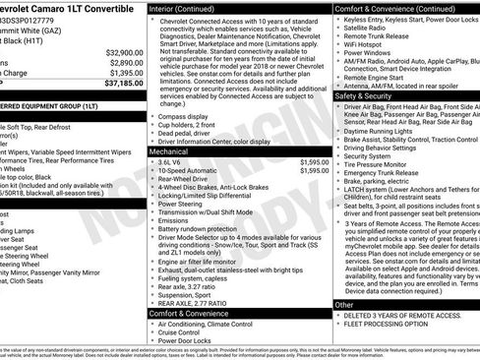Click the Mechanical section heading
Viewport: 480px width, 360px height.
pos(173,152)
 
